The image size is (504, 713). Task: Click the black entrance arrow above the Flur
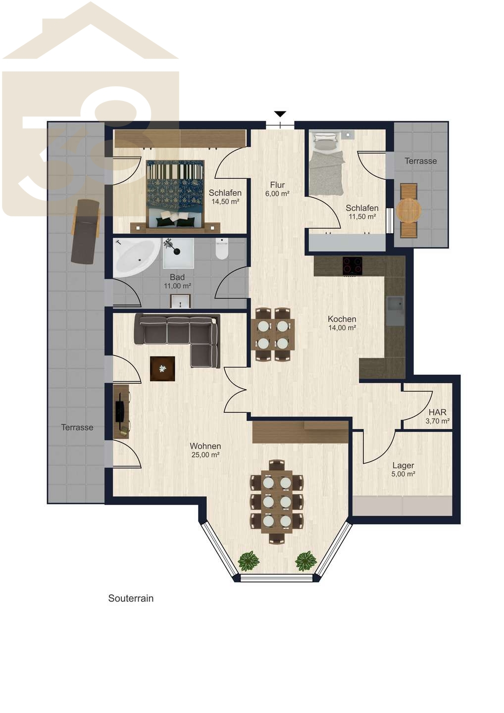pos(280,114)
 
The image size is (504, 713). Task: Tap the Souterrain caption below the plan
pos(131,599)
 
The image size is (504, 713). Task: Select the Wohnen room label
pos(205,446)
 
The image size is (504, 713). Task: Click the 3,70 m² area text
pos(438,421)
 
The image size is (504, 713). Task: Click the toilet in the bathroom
pos(222,249)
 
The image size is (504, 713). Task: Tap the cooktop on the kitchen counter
pos(352,265)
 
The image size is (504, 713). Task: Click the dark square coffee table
pos(162,368)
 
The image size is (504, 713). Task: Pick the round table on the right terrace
pos(409,210)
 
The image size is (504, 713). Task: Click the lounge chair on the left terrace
pos(85,231)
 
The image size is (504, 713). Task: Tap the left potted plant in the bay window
pos(249,561)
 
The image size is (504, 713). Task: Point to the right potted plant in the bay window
pos(306,561)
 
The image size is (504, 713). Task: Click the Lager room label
pos(403,465)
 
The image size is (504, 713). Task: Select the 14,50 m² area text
pos(225,202)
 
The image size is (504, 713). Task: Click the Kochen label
pos(342,319)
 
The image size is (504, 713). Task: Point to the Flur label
pos(277,185)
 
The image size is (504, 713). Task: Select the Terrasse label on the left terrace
pos(77,427)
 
